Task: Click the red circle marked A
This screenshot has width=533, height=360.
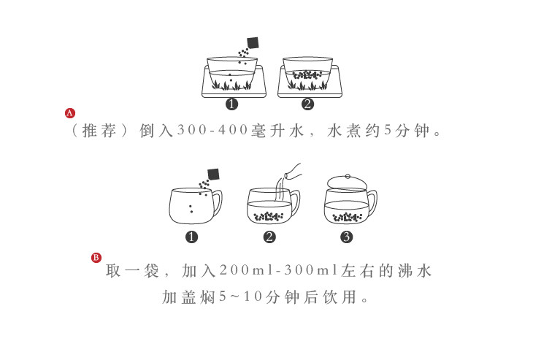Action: (70, 113)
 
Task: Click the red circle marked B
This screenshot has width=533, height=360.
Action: (96, 257)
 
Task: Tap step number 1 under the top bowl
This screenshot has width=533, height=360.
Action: (232, 104)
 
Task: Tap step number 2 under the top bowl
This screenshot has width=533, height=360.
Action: (307, 104)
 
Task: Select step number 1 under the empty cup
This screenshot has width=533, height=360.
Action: (191, 237)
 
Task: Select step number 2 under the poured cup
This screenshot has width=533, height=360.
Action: (269, 237)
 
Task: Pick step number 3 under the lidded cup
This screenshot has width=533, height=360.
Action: (346, 237)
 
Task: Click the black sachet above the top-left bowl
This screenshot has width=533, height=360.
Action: (253, 43)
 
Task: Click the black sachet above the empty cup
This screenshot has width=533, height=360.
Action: (213, 174)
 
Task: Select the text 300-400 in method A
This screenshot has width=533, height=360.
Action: (214, 132)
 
